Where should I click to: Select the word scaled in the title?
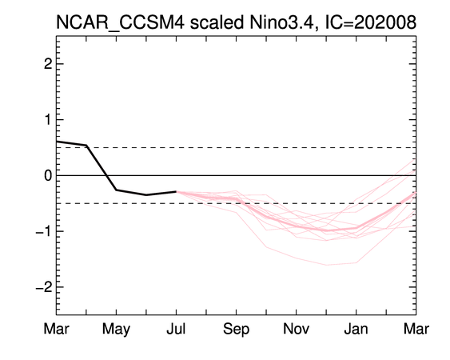[217, 22]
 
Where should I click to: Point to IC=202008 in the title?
[371, 22]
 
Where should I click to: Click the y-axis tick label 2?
[48, 64]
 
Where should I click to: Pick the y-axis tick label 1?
[48, 119]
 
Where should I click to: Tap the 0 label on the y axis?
[48, 175]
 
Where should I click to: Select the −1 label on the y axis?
[44, 231]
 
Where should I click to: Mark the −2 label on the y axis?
[44, 286]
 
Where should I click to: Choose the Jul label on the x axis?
[176, 329]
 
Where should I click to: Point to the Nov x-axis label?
[297, 329]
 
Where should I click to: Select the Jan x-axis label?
[356, 329]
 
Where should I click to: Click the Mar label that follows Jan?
[416, 329]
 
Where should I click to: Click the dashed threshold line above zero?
[237, 148]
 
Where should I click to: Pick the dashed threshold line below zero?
[237, 203]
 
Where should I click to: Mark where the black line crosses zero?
[106, 175]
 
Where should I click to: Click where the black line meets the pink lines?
[176, 192]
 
